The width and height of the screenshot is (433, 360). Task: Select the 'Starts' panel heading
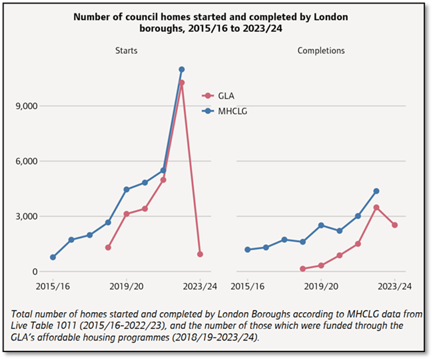click(x=125, y=51)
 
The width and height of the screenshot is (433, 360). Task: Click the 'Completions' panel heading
click(x=321, y=51)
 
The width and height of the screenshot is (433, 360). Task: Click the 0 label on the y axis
click(x=34, y=271)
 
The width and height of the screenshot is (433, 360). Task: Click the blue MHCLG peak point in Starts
click(x=181, y=69)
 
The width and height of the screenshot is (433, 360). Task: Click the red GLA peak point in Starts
click(x=181, y=83)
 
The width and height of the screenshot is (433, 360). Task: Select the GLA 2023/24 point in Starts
click(x=200, y=254)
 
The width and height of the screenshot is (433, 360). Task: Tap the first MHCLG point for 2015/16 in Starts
click(x=53, y=258)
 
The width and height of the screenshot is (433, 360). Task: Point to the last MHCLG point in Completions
click(x=376, y=191)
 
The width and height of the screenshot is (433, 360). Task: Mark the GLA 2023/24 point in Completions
click(x=395, y=225)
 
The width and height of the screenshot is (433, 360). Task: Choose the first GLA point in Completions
click(x=302, y=269)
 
